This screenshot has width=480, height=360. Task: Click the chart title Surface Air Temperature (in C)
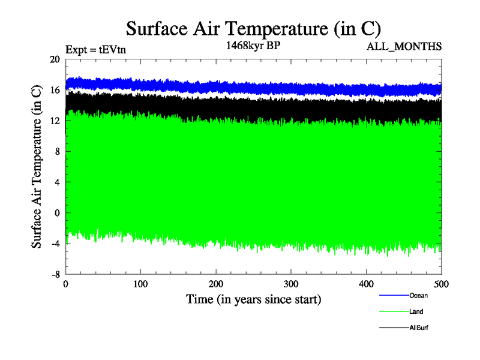pyautogui.click(x=253, y=29)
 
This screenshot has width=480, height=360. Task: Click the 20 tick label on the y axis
pyautogui.click(x=55, y=59)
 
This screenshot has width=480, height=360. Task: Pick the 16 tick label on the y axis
pyautogui.click(x=55, y=90)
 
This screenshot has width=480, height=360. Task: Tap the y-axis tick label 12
pyautogui.click(x=55, y=121)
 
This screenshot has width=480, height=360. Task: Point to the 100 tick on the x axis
pyautogui.click(x=140, y=283)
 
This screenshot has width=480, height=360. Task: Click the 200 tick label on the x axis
pyautogui.click(x=216, y=283)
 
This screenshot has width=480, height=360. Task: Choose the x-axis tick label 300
pyautogui.click(x=291, y=283)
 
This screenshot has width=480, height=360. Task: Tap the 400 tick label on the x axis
pyautogui.click(x=366, y=283)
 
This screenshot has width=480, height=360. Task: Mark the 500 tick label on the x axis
pyautogui.click(x=441, y=283)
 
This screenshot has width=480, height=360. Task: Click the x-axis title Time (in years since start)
pyautogui.click(x=253, y=299)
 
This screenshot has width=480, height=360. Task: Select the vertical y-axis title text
pyautogui.click(x=37, y=167)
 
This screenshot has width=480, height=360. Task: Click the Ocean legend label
pyautogui.click(x=418, y=295)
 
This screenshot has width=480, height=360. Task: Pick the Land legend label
pyautogui.click(x=417, y=311)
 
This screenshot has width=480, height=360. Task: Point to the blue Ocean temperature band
pyautogui.click(x=252, y=86)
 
